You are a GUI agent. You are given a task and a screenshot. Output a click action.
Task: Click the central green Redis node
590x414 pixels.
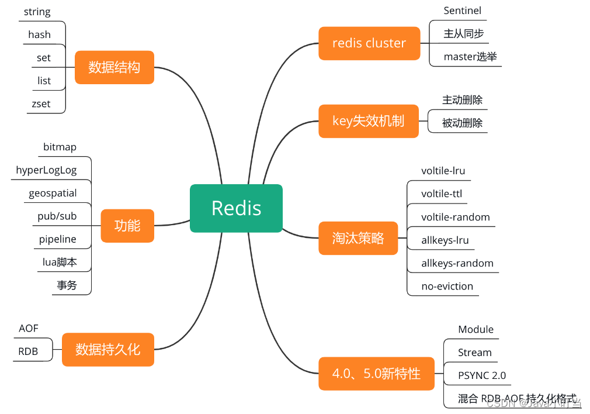click(236, 208)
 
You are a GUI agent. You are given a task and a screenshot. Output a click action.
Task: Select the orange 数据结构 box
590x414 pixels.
click(114, 67)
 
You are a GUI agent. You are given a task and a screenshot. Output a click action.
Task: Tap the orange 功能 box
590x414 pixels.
click(127, 226)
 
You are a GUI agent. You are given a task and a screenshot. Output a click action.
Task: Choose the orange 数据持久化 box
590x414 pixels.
click(108, 350)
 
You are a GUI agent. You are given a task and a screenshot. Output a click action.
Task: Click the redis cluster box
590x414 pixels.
click(369, 43)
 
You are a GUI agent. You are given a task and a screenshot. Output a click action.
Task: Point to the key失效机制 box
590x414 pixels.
click(369, 121)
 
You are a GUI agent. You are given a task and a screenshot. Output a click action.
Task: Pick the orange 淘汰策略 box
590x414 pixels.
click(358, 238)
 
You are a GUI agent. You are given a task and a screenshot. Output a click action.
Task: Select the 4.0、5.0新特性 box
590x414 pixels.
click(376, 373)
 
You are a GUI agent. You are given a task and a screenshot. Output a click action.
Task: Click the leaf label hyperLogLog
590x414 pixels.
click(46, 170)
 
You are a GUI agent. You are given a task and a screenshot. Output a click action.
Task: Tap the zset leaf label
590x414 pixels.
click(41, 104)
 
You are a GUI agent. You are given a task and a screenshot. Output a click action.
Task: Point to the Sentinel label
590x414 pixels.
click(462, 11)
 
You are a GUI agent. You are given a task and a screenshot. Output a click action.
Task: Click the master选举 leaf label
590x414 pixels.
click(470, 57)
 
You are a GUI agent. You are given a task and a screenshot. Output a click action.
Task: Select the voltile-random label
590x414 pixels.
click(456, 217)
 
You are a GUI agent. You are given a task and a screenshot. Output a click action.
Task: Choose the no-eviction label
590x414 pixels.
click(447, 287)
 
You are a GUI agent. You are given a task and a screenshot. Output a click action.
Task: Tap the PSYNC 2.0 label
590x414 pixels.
click(482, 375)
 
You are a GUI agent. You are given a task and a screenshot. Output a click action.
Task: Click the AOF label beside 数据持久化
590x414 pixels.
click(29, 329)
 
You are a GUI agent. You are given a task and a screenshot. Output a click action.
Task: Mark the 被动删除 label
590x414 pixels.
click(463, 123)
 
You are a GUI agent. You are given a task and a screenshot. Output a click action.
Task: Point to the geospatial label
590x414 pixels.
click(53, 193)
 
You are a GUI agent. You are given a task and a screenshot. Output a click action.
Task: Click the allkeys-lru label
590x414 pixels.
click(445, 240)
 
